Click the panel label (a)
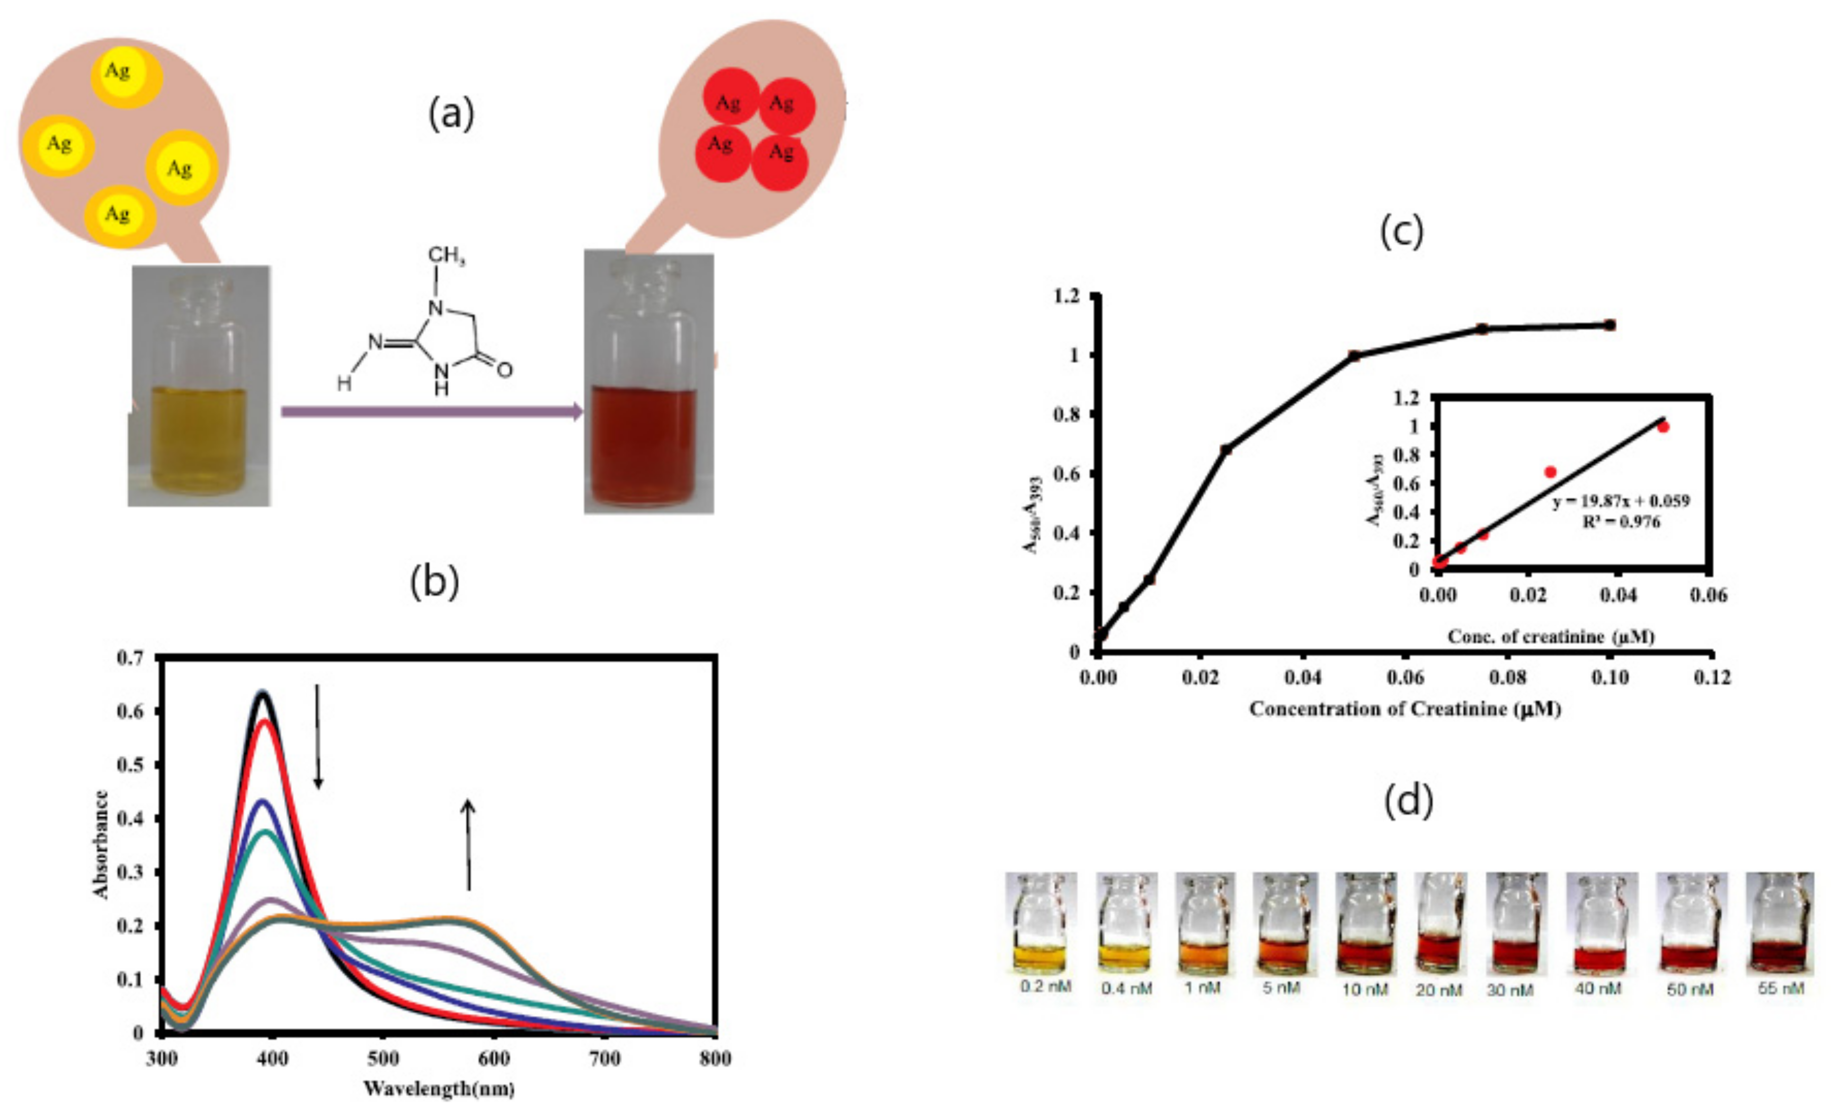tap(451, 114)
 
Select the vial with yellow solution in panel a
tap(199, 386)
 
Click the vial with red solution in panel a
tap(648, 383)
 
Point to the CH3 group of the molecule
tap(446, 257)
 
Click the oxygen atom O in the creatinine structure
tap(504, 369)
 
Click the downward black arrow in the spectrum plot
tap(318, 736)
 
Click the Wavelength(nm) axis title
tap(439, 1089)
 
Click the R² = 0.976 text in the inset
tap(1620, 522)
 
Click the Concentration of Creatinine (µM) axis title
tap(1405, 709)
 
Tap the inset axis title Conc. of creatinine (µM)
tap(1551, 637)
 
